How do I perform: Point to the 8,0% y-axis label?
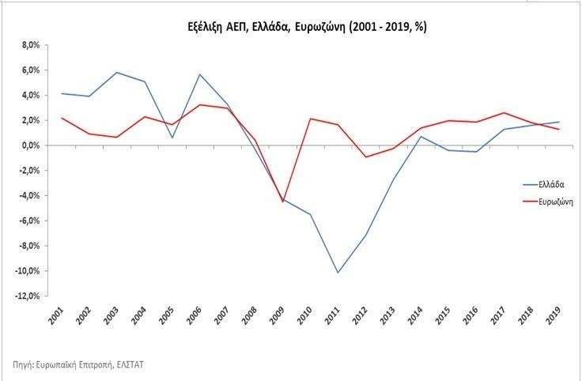(28, 45)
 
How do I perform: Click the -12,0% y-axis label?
(26, 296)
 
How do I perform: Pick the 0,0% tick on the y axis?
(28, 145)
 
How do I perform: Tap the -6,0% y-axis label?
(28, 221)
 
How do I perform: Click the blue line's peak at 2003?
(117, 73)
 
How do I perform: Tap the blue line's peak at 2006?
(201, 74)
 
